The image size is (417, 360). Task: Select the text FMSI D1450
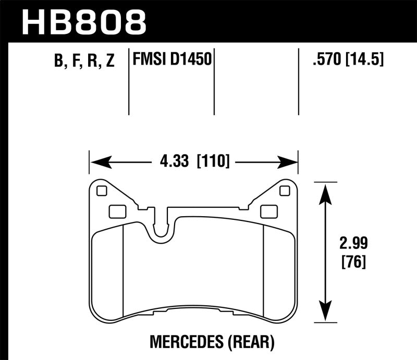pos(173,60)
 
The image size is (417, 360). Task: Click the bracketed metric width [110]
pos(213,162)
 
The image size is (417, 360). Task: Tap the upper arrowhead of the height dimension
pos(325,190)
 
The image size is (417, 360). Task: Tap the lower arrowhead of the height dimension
pos(325,314)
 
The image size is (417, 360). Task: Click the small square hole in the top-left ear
pos(102,191)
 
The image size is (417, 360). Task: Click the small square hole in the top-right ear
pos(284,191)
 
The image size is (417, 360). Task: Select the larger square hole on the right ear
pos(268,211)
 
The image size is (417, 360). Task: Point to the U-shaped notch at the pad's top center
pos(163,232)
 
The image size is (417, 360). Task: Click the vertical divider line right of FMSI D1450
pos(214,83)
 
